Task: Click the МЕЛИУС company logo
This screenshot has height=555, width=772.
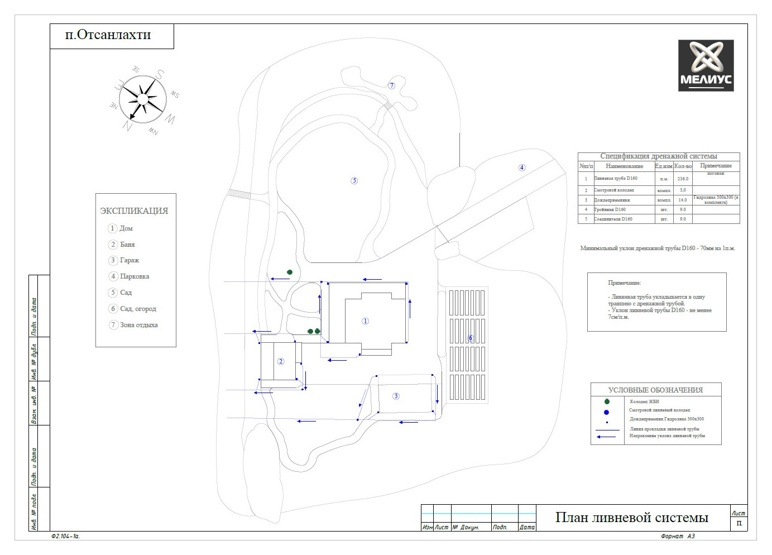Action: (x=706, y=65)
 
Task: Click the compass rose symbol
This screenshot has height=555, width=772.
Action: (x=143, y=99)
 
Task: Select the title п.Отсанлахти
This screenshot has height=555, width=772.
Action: (x=108, y=35)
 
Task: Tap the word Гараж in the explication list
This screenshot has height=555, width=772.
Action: (x=130, y=260)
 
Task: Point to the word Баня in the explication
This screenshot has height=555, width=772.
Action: (x=127, y=245)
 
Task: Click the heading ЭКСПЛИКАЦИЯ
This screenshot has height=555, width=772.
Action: (x=134, y=211)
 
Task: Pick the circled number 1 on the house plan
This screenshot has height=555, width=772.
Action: (x=366, y=321)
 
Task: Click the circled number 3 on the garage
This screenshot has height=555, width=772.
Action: (x=396, y=396)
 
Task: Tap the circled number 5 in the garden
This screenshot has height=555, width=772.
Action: (x=354, y=180)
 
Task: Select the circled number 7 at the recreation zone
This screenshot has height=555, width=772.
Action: (x=392, y=85)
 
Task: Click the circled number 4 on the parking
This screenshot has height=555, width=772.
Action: (x=522, y=168)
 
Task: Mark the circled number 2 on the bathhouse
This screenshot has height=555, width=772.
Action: (x=281, y=361)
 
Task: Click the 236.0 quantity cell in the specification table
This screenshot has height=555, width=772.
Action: (x=683, y=179)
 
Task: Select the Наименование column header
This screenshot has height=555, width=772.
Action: (x=624, y=166)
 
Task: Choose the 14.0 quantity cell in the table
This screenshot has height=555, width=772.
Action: (x=683, y=200)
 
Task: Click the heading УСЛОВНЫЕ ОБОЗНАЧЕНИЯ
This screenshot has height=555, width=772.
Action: (x=655, y=390)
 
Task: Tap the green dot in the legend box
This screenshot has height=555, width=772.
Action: (x=607, y=401)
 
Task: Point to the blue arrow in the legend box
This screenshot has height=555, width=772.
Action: (x=608, y=437)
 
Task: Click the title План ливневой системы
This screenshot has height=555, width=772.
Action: (x=631, y=518)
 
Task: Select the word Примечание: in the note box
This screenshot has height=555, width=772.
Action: (x=625, y=283)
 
